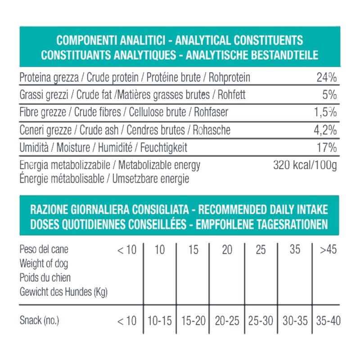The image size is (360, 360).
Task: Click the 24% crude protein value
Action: coord(326,78)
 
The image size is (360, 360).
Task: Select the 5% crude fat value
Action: coord(329,95)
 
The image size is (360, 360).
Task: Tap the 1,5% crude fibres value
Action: coord(325,113)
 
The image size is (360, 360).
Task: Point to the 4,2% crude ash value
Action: coord(325,130)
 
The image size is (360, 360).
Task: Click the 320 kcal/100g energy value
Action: coord(305,165)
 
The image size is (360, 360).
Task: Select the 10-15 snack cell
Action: coord(160,321)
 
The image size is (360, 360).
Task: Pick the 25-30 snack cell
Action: coord(261,321)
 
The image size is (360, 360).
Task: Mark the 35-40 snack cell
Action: coord(328,321)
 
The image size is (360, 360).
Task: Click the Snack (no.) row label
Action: coord(40,321)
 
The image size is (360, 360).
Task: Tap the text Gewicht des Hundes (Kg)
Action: coord(63,292)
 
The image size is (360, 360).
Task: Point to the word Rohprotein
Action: coord(229,78)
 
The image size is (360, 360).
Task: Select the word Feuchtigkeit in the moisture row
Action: coord(164,148)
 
